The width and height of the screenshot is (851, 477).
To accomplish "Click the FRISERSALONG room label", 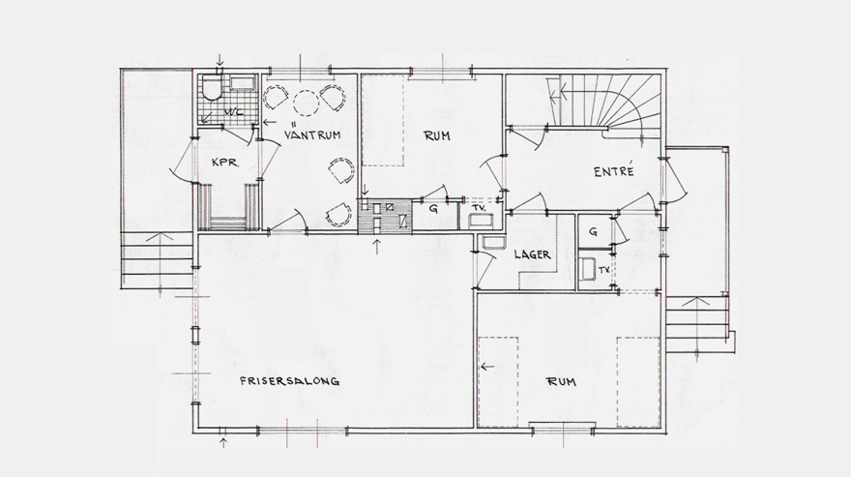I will tap(290, 382).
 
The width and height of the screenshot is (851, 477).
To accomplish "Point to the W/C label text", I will tap(233, 113).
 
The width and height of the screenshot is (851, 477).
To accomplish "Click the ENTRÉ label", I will tap(613, 171).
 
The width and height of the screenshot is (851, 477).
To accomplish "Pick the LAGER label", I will tap(533, 254).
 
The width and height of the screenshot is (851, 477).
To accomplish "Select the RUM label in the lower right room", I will tap(562, 382).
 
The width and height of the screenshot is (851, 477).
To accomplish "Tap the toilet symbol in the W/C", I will tap(210, 93).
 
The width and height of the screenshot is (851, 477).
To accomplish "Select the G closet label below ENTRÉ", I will tap(593, 232).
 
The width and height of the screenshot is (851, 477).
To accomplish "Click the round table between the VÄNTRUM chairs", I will tap(306, 104).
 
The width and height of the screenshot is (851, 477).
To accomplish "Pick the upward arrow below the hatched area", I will tap(377, 244).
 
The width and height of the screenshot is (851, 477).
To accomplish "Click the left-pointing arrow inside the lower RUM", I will tap(486, 367).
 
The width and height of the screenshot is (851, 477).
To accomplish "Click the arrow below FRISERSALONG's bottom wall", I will tap(223, 443).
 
